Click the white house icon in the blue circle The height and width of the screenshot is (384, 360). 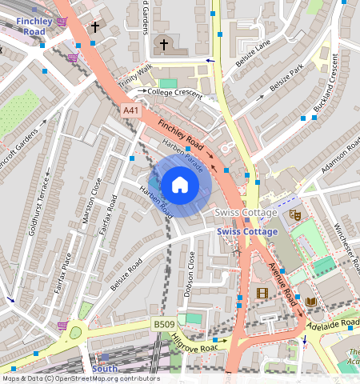(x=180, y=186)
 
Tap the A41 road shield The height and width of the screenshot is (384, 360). (x=131, y=110)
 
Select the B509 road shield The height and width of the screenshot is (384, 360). (x=164, y=324)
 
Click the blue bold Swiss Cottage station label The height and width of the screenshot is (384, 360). (x=247, y=231)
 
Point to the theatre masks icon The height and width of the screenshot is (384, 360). (x=294, y=214)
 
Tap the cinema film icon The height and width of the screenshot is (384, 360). (x=262, y=293)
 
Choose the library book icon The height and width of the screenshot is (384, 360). (x=310, y=302)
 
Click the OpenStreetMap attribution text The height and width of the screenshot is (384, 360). (x=80, y=378)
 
